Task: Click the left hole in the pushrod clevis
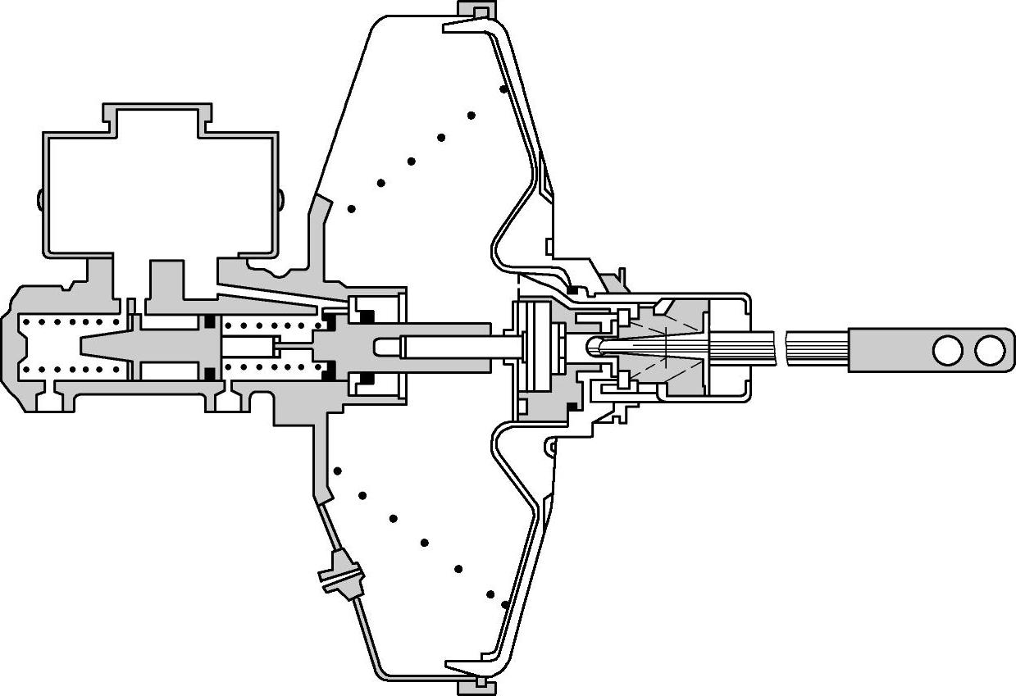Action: (947, 350)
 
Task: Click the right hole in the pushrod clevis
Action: (989, 350)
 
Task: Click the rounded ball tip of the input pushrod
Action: (596, 348)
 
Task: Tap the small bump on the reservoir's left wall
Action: (39, 198)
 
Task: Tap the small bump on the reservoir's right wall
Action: (280, 198)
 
